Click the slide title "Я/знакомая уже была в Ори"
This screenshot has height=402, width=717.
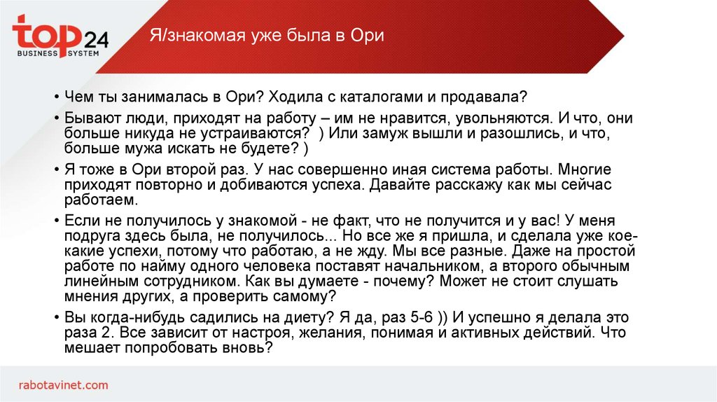[x=267, y=36]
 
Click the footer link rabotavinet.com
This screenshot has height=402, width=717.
[x=64, y=384]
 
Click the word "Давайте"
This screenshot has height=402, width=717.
[x=394, y=185]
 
